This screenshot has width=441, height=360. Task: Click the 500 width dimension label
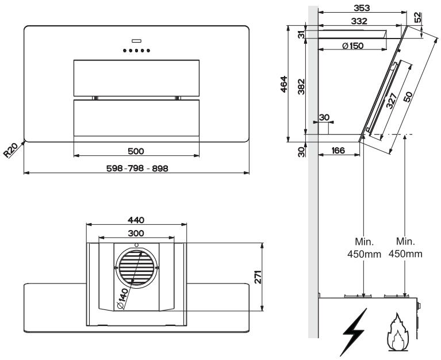click(x=136, y=151)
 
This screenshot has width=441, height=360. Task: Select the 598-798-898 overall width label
click(x=137, y=168)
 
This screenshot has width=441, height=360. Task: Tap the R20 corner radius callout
click(x=10, y=150)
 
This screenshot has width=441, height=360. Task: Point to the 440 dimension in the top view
click(x=136, y=220)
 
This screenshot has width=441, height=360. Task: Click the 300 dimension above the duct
click(x=136, y=233)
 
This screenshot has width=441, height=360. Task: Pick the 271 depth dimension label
click(x=258, y=277)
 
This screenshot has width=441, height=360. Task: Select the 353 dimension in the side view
click(x=362, y=8)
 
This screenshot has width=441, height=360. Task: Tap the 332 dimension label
click(x=359, y=21)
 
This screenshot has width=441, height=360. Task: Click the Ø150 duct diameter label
click(x=353, y=45)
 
